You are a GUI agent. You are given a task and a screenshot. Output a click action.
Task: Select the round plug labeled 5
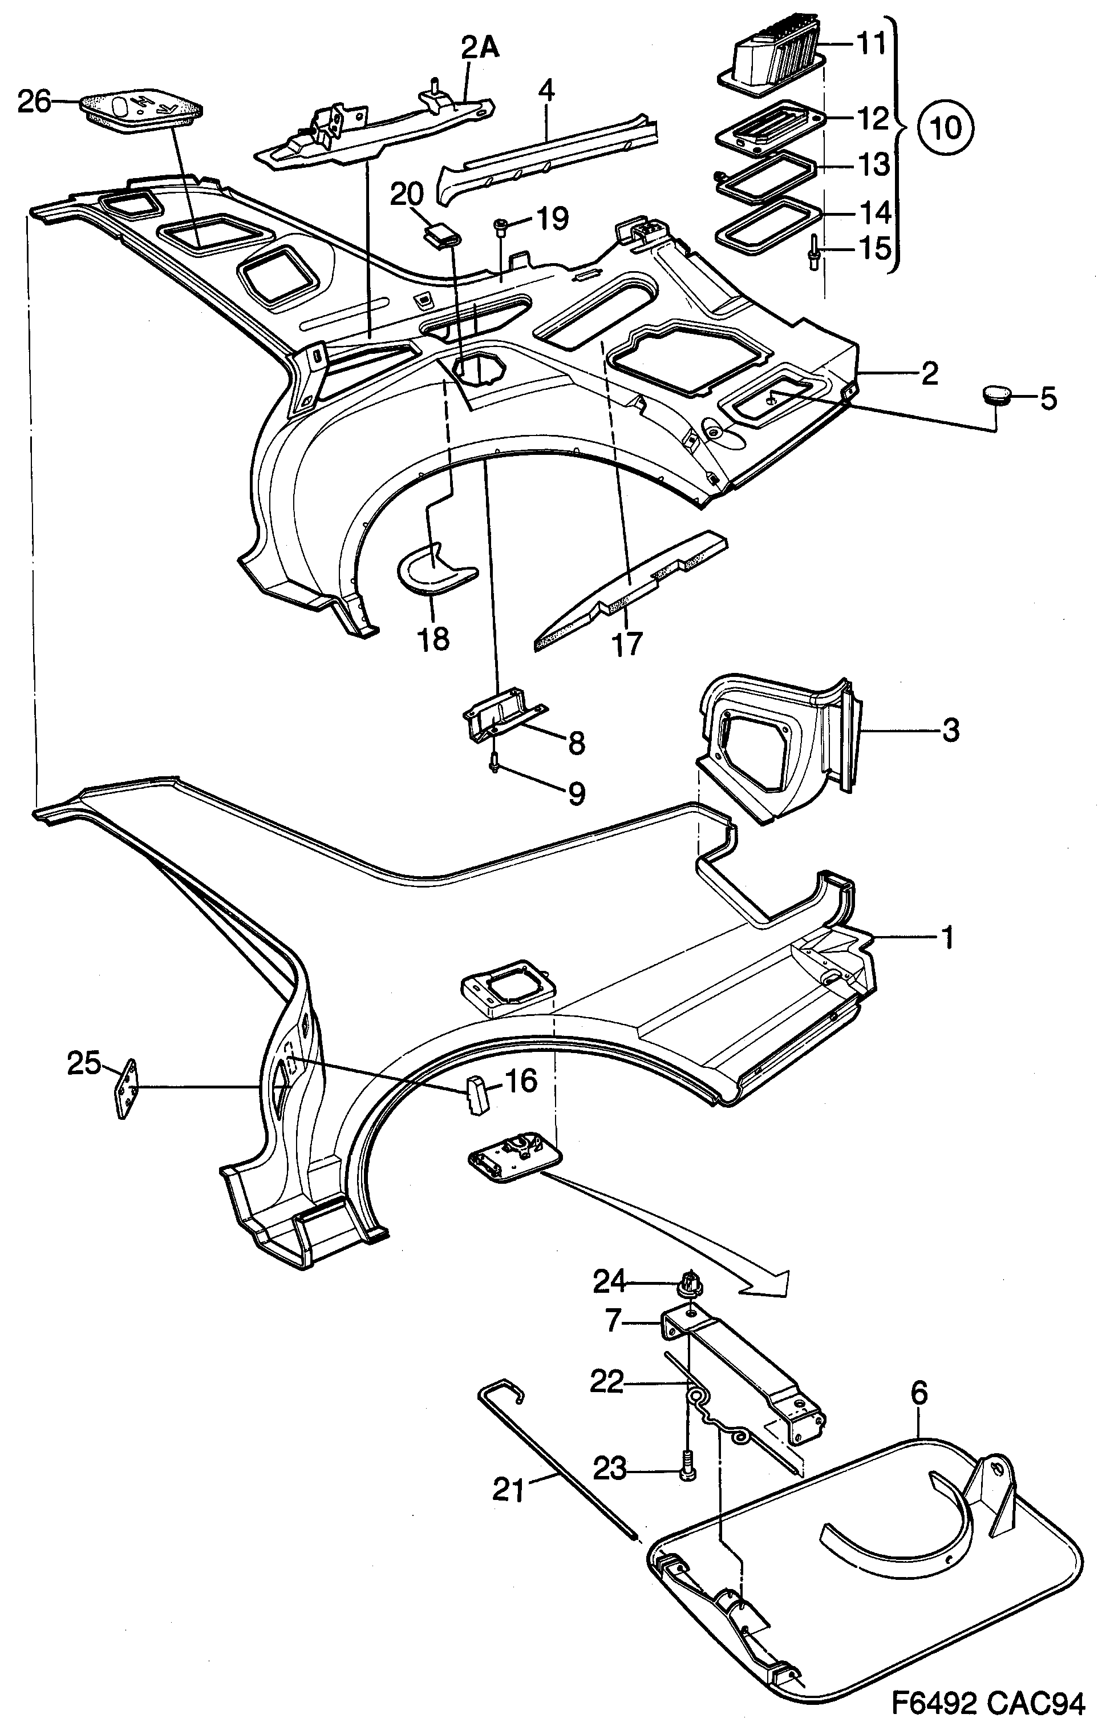(x=995, y=396)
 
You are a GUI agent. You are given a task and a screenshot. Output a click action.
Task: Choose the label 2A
(x=480, y=48)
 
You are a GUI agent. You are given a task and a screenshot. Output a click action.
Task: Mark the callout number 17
(x=626, y=643)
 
